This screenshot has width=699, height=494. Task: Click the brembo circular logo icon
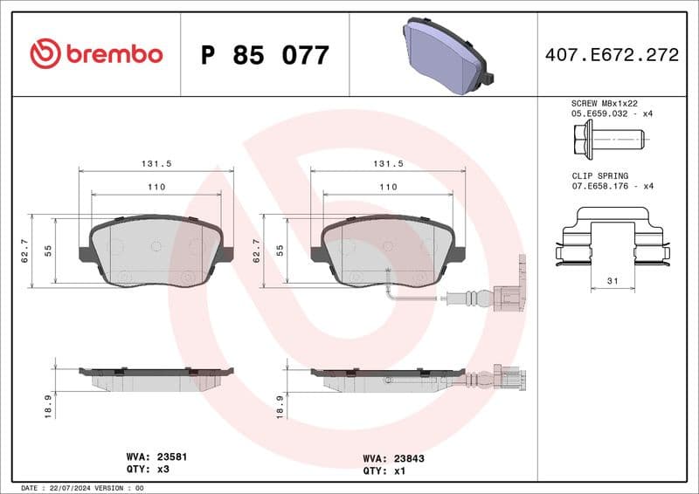45,54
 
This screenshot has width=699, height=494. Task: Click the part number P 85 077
265,56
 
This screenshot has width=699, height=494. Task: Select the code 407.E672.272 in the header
612,55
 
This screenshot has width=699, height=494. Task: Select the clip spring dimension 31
612,280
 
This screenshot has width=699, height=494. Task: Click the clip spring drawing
612,240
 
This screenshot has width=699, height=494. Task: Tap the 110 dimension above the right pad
388,187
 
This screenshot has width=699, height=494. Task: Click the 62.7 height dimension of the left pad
25,250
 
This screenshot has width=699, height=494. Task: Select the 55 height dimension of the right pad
280,250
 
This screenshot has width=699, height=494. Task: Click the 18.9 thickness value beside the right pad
280,406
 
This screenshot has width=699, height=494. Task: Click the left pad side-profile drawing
156,378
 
